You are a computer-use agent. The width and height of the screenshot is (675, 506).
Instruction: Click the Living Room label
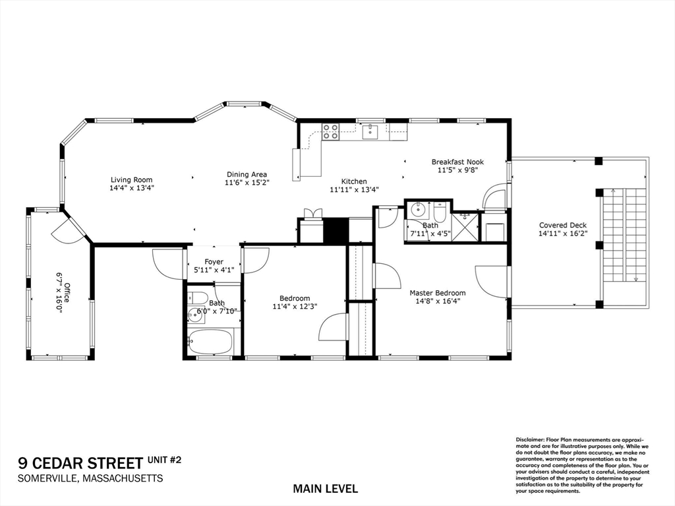pos(131,179)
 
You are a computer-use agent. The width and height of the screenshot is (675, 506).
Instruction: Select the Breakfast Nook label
pos(457,162)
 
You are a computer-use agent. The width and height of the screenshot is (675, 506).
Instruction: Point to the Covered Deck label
pos(562,225)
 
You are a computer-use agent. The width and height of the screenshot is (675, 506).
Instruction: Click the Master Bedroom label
pos(437,293)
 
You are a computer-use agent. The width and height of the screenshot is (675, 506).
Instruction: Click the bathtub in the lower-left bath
pos(210,342)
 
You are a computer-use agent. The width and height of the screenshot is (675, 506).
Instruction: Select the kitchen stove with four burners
pos(330,132)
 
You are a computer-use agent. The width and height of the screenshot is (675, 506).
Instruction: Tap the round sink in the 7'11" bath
pos(417,211)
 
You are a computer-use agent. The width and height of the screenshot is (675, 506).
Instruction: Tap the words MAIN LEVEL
pos(326,489)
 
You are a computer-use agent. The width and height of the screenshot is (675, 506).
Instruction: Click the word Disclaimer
pos(530,439)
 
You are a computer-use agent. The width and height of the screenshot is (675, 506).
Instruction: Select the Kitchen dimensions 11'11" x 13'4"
pos(354,190)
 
